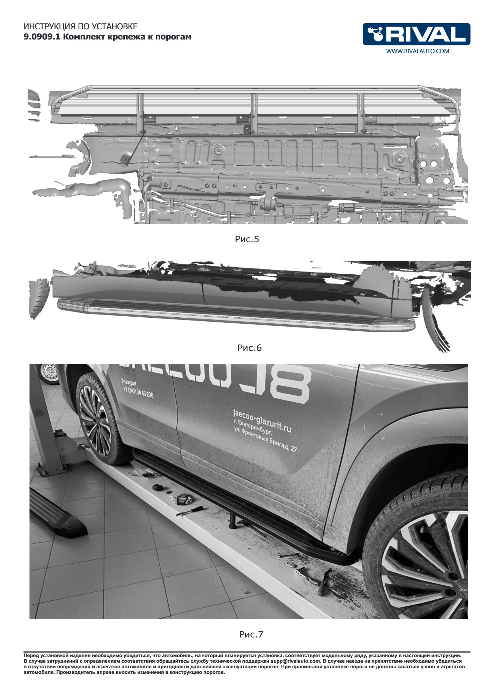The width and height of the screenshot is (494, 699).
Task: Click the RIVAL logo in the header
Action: (x=416, y=34)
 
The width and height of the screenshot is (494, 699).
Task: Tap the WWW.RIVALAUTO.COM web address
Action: (x=417, y=51)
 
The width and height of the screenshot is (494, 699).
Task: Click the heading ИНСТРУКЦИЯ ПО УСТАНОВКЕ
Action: (x=80, y=27)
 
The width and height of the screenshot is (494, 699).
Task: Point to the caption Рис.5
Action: (x=247, y=239)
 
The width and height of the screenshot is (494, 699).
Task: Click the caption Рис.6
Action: (x=249, y=348)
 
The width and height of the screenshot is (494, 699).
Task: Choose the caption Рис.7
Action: (x=251, y=634)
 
